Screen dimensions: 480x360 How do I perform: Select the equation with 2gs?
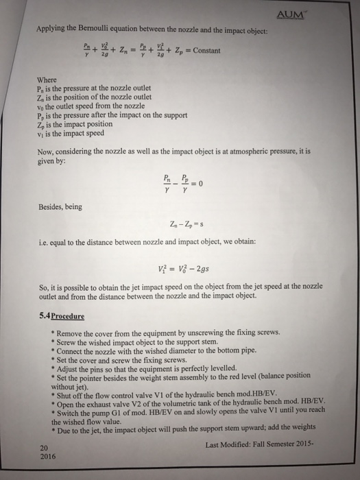pyautogui.click(x=182, y=268)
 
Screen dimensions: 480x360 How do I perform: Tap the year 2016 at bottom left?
pyautogui.click(x=48, y=455)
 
